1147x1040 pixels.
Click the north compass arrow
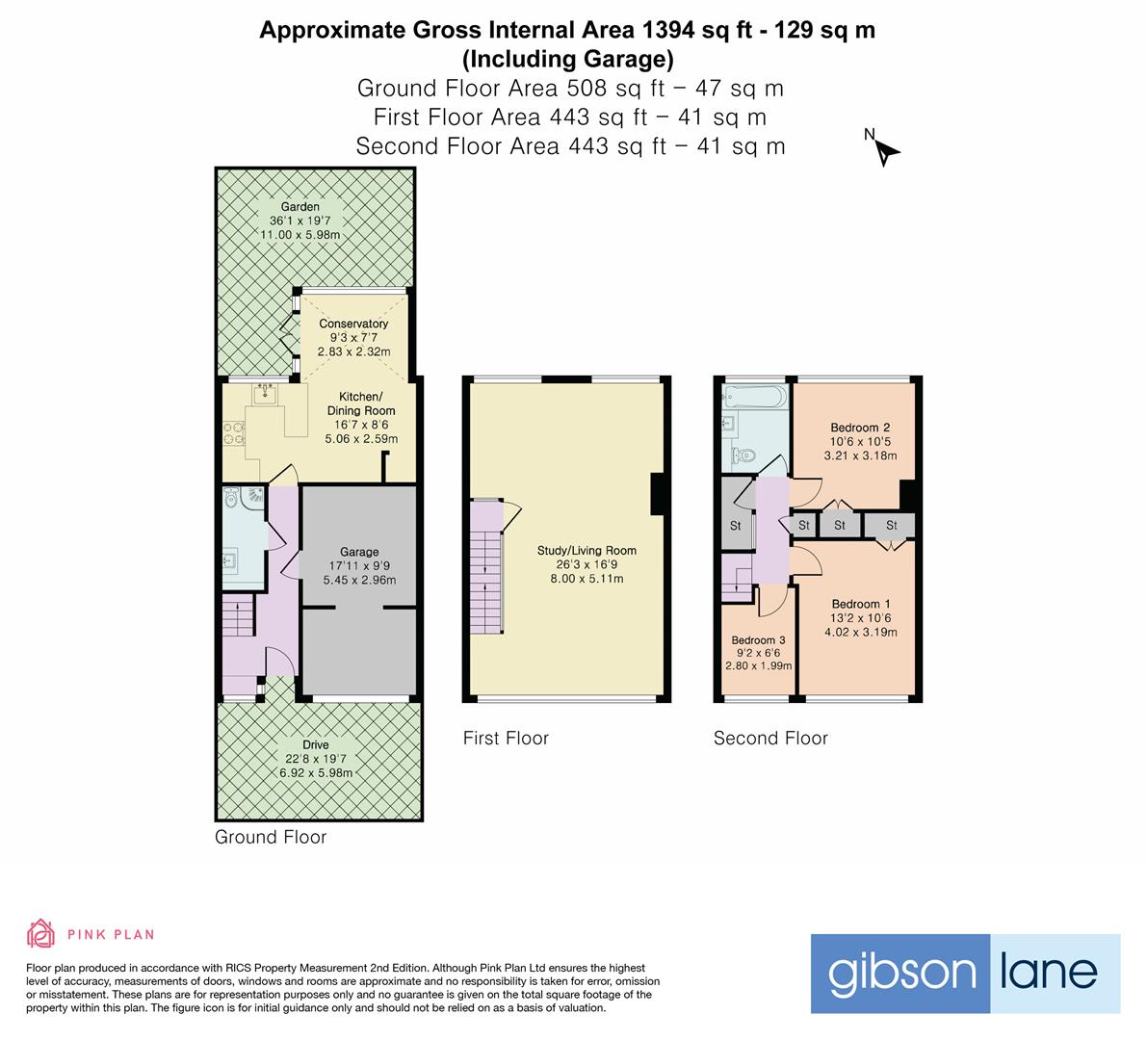point(887,151)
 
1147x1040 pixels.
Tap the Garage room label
point(358,553)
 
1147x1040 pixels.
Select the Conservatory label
point(353,324)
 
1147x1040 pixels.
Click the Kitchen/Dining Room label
point(361,403)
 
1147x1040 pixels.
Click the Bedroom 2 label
point(860,428)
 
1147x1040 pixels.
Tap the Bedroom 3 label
point(758,640)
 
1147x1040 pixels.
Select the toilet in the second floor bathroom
point(743,455)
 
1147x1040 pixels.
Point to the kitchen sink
point(265,394)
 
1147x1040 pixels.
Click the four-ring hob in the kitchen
point(233,434)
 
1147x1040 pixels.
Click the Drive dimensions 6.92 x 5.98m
point(315,773)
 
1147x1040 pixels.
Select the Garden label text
point(300,207)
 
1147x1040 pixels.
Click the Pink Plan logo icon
point(40,933)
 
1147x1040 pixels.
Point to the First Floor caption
point(506,739)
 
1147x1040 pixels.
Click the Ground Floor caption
point(270,837)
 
